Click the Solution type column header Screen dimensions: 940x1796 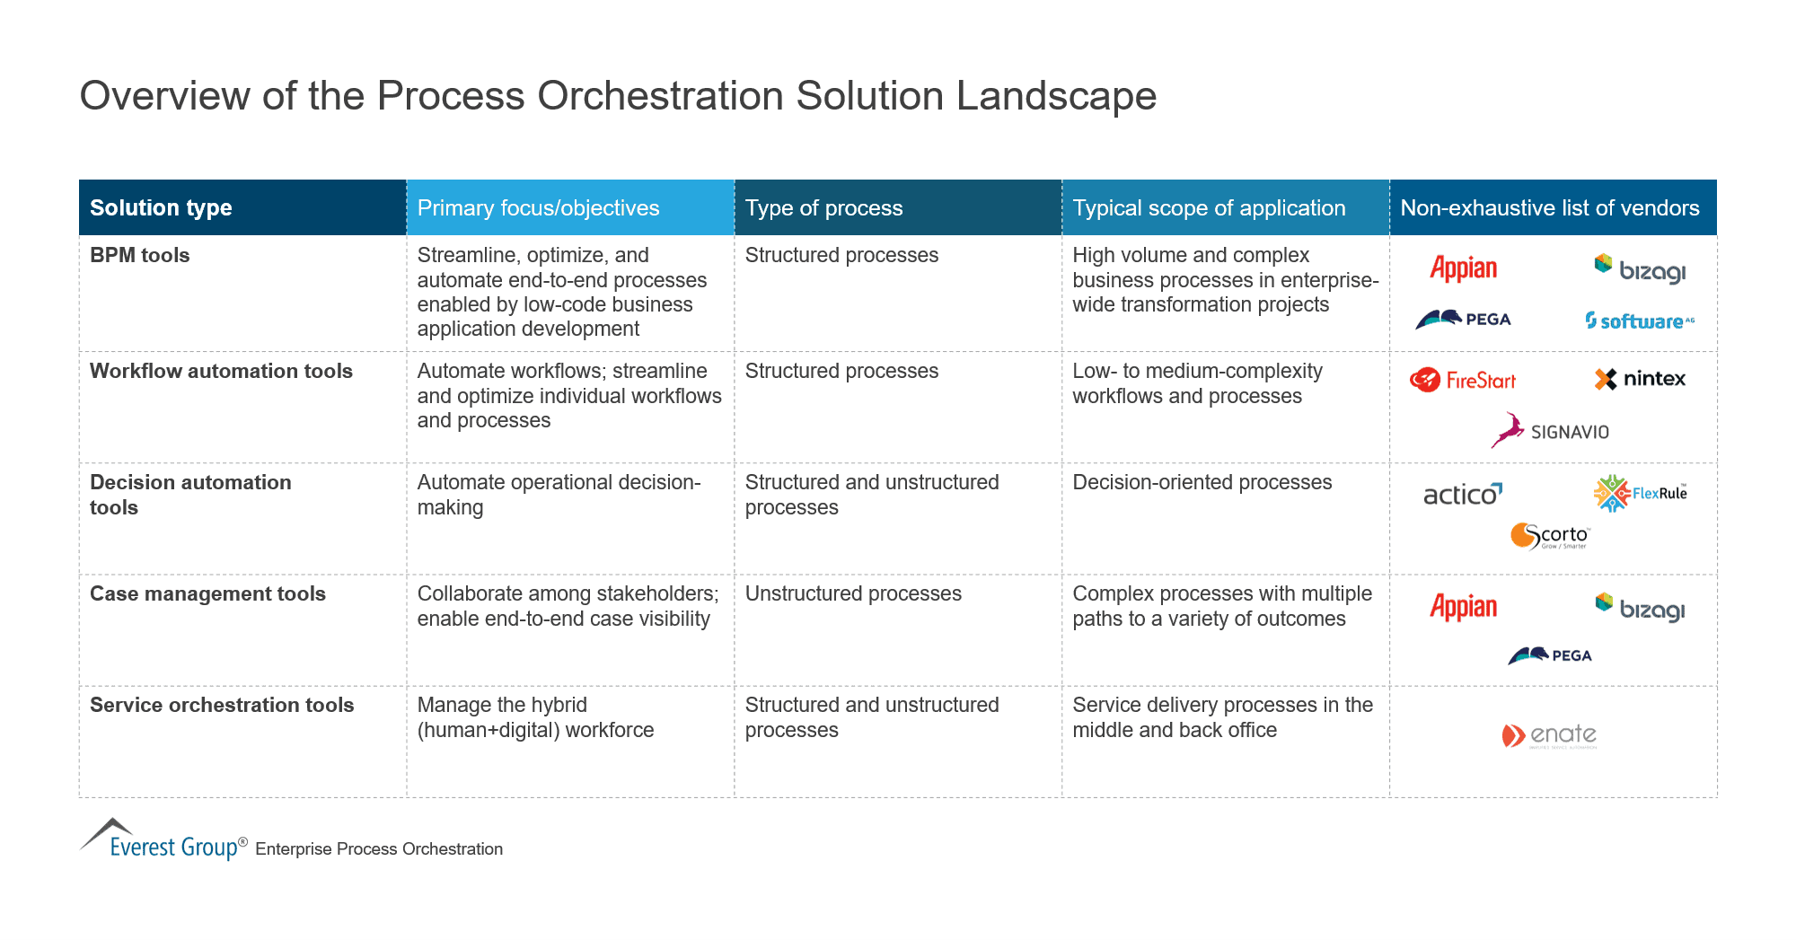click(x=161, y=207)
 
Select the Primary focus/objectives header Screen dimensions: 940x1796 click(x=538, y=207)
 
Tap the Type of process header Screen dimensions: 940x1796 click(x=823, y=207)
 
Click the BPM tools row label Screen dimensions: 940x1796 click(x=139, y=255)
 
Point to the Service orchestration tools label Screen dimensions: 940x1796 click(x=222, y=705)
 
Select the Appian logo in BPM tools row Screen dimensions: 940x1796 click(x=1463, y=268)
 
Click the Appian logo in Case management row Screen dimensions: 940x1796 click(x=1463, y=607)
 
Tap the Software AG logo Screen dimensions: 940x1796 click(x=1639, y=321)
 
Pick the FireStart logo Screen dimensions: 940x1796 click(x=1462, y=380)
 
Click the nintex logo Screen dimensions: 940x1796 click(x=1640, y=379)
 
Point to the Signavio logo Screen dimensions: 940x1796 click(x=1550, y=431)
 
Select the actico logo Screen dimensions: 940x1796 click(x=1462, y=494)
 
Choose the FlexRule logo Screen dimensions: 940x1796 click(x=1640, y=493)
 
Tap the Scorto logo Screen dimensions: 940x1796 click(x=1549, y=536)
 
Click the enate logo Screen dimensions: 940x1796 click(x=1549, y=735)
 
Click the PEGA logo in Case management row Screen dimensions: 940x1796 click(x=1549, y=655)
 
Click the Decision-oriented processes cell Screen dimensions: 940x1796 click(x=1202, y=482)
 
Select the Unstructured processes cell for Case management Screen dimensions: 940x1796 click(x=852, y=593)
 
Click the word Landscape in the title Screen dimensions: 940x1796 click(x=1056, y=95)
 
